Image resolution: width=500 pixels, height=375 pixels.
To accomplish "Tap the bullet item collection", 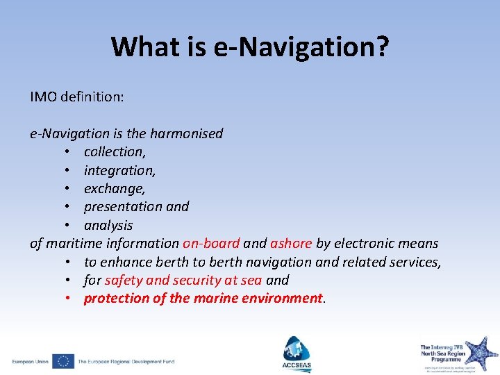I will pyautogui.click(x=115, y=151).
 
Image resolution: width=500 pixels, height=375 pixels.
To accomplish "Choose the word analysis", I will pyautogui.click(x=108, y=225).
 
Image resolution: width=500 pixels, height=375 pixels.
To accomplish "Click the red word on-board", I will pyautogui.click(x=211, y=243).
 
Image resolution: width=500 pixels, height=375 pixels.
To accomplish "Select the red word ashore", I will pyautogui.click(x=291, y=243).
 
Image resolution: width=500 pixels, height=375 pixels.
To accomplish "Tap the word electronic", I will pyautogui.click(x=365, y=243).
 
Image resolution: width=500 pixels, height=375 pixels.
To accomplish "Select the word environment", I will pyautogui.click(x=282, y=299).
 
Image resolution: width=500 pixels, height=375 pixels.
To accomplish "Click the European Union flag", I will pyautogui.click(x=63, y=361).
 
